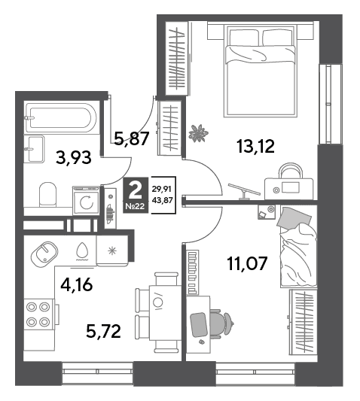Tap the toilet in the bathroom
[x=47, y=194]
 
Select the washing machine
[x=86, y=201]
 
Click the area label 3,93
[x=74, y=158]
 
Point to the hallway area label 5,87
[x=131, y=139]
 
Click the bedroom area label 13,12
[x=256, y=146]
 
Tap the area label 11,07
[x=247, y=263]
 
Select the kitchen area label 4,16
[x=76, y=285]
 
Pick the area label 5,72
[x=103, y=332]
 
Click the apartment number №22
[x=136, y=206]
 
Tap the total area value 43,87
[x=162, y=200]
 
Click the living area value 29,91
[x=162, y=190]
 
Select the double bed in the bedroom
[x=261, y=69]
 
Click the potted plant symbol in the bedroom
[x=198, y=133]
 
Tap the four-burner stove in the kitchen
[x=38, y=314]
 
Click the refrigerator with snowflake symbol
[x=112, y=251]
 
